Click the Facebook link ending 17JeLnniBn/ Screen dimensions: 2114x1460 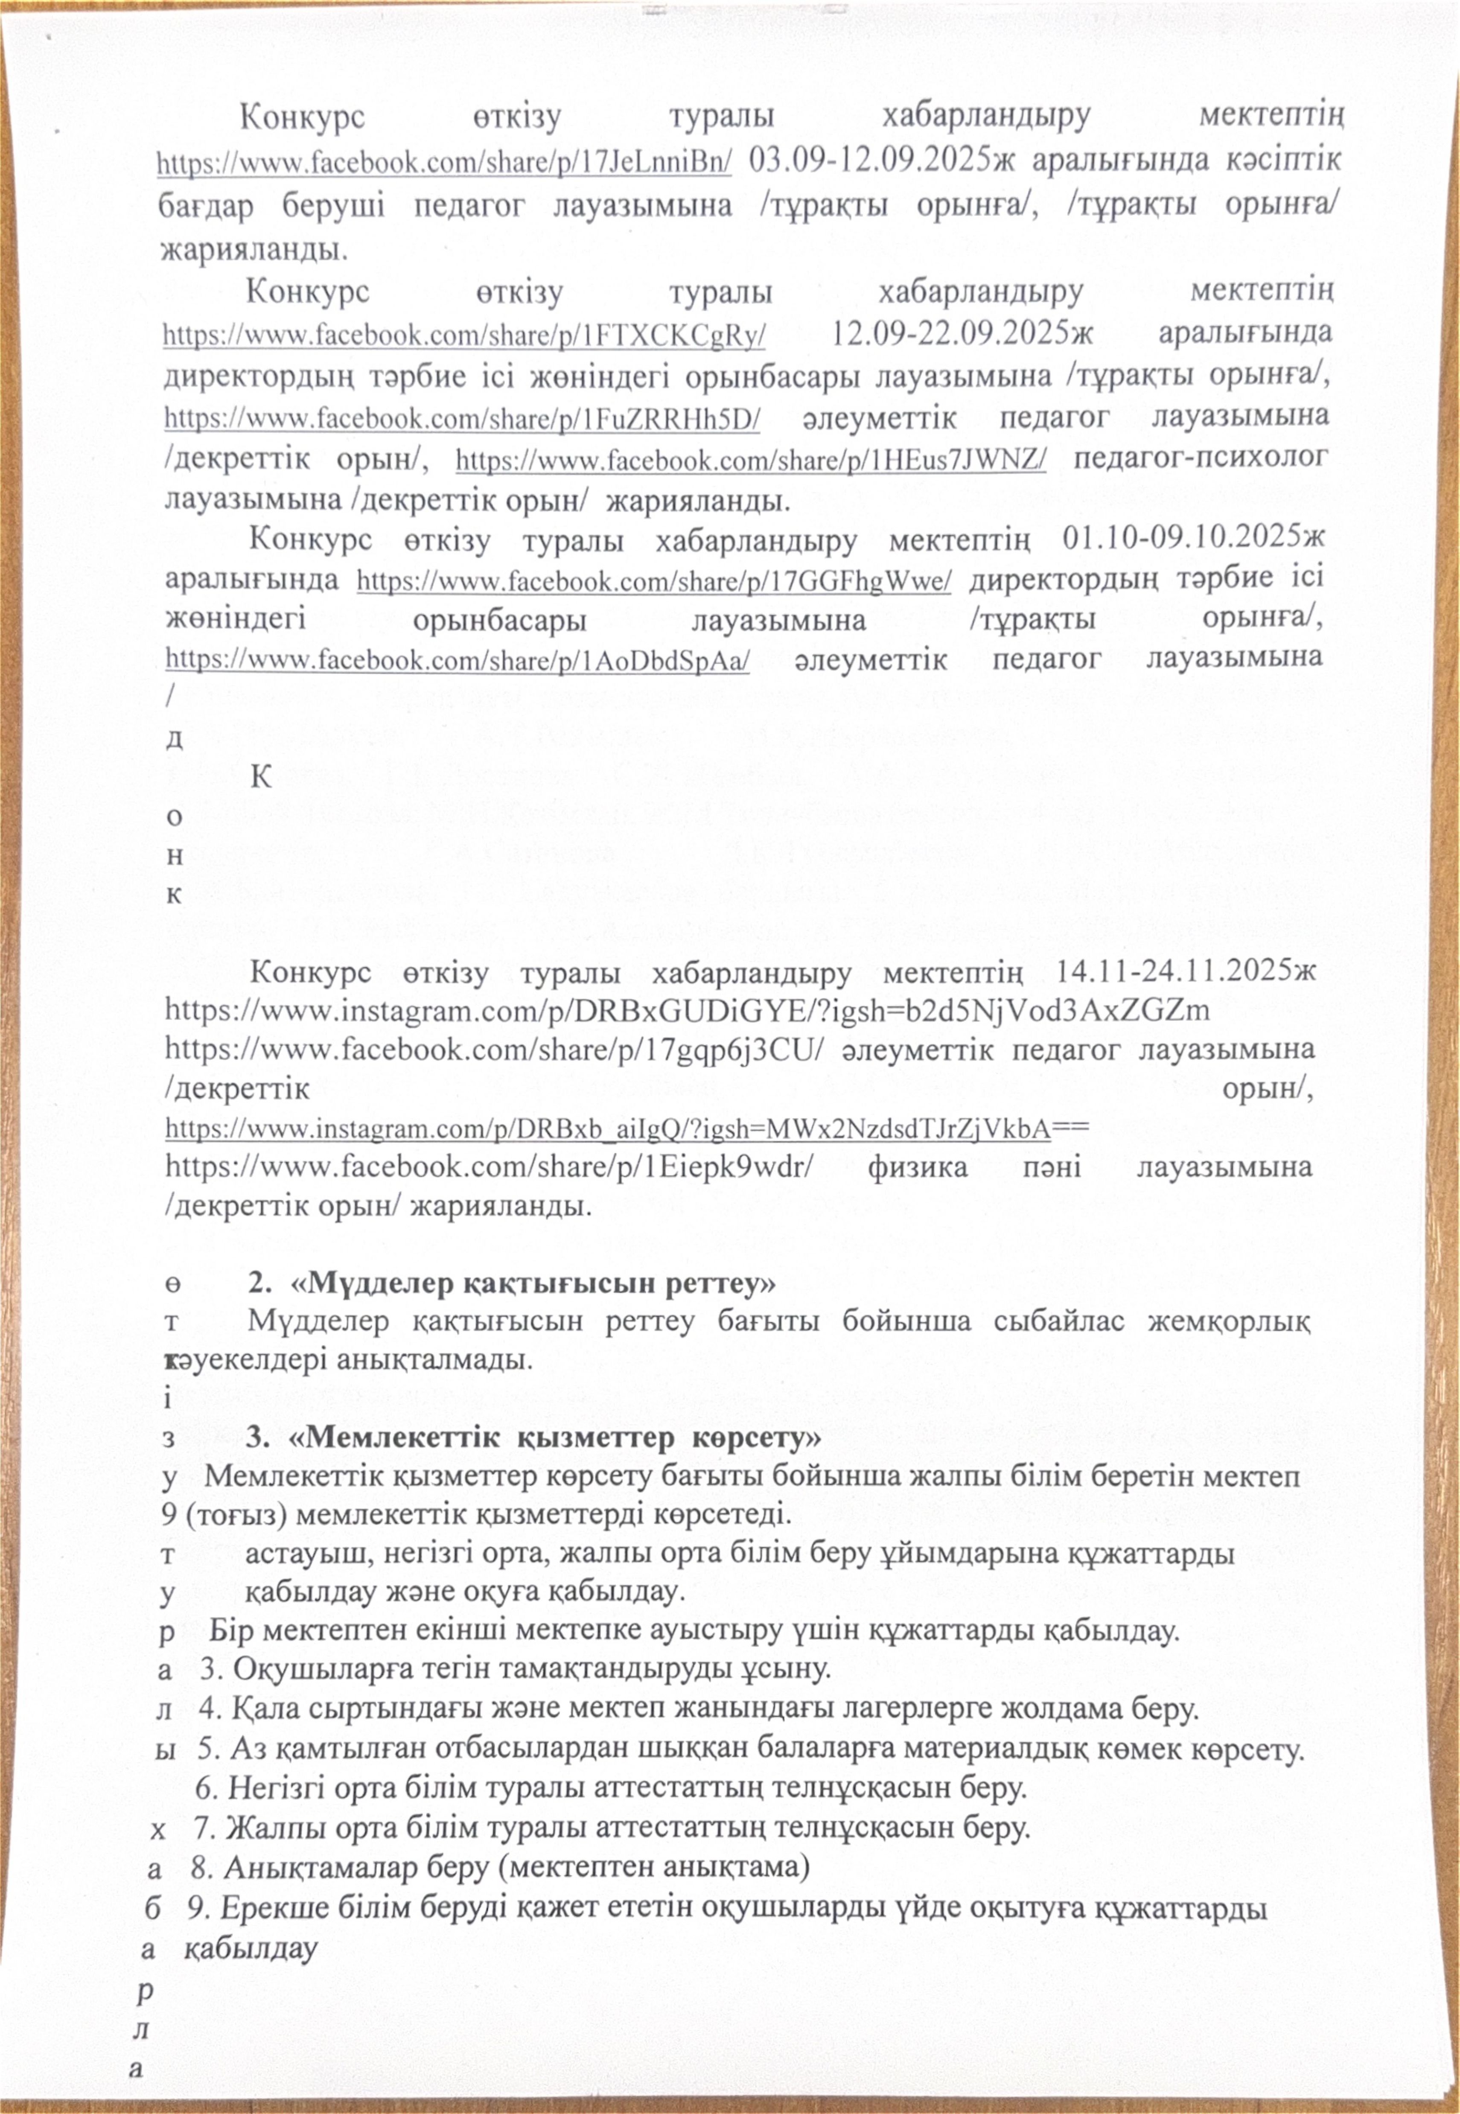tap(444, 163)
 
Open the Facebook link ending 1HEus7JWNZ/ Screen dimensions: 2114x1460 tap(750, 459)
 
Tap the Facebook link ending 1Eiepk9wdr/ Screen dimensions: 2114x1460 tap(490, 1167)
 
